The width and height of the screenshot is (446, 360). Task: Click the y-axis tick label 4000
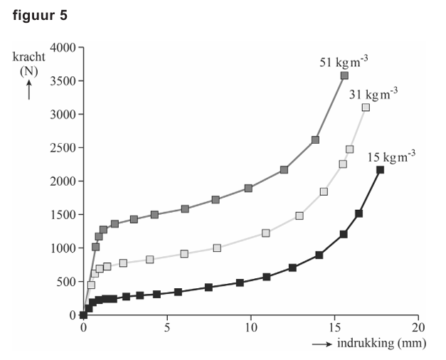point(62,48)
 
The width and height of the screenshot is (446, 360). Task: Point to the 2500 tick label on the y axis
point(62,148)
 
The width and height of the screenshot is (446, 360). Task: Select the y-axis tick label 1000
point(62,248)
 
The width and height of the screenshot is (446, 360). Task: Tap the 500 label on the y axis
point(65,282)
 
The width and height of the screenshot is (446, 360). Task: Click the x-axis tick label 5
point(167,329)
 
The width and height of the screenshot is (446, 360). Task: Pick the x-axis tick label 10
point(251,329)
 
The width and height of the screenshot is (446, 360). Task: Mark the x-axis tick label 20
point(419,329)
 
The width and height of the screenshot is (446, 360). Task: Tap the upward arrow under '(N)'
point(28,90)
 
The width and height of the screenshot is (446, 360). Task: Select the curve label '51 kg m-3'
point(344,61)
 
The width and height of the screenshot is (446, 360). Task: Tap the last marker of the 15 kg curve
point(380,169)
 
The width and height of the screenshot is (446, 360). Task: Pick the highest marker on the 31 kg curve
point(366,107)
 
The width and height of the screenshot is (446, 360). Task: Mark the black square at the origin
point(83,315)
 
